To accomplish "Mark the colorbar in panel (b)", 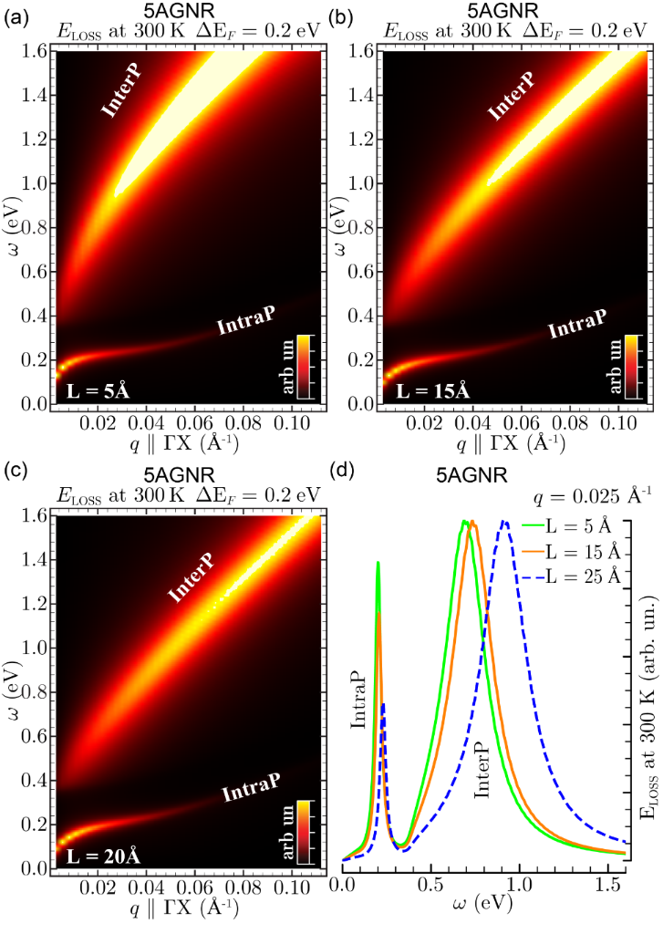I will (x=616, y=366).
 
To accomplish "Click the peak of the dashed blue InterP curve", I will (x=504, y=522).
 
